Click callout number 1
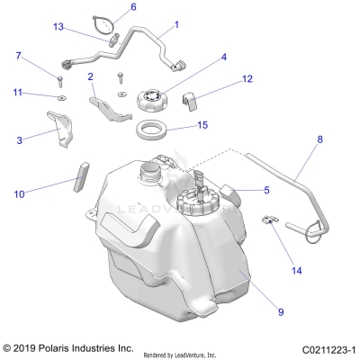point(175,25)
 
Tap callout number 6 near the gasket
point(133,7)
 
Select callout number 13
point(84,26)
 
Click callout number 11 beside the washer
point(17,93)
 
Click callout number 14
point(296,244)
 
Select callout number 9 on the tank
point(281,311)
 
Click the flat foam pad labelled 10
point(78,174)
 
